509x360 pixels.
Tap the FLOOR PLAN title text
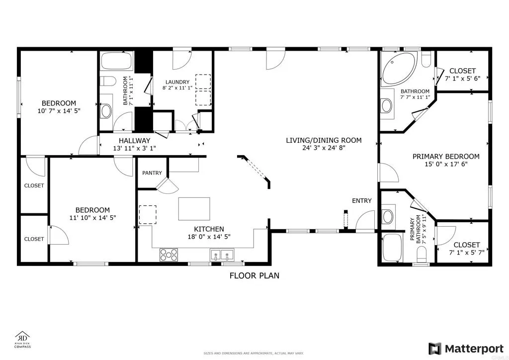pyautogui.click(x=254, y=275)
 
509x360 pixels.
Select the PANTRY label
pyautogui.click(x=152, y=173)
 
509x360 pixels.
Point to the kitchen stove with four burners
pyautogui.click(x=169, y=255)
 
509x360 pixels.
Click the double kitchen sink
pyautogui.click(x=222, y=255)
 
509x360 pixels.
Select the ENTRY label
pyautogui.click(x=361, y=201)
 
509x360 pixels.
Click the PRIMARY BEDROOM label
pyautogui.click(x=446, y=157)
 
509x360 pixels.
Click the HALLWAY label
pyautogui.click(x=134, y=141)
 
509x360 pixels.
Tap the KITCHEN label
pyautogui.click(x=209, y=229)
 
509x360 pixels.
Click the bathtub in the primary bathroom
pyautogui.click(x=393, y=248)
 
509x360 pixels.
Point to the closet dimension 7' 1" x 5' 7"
pyautogui.click(x=467, y=253)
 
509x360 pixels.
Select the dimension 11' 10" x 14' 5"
pyautogui.click(x=92, y=218)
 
